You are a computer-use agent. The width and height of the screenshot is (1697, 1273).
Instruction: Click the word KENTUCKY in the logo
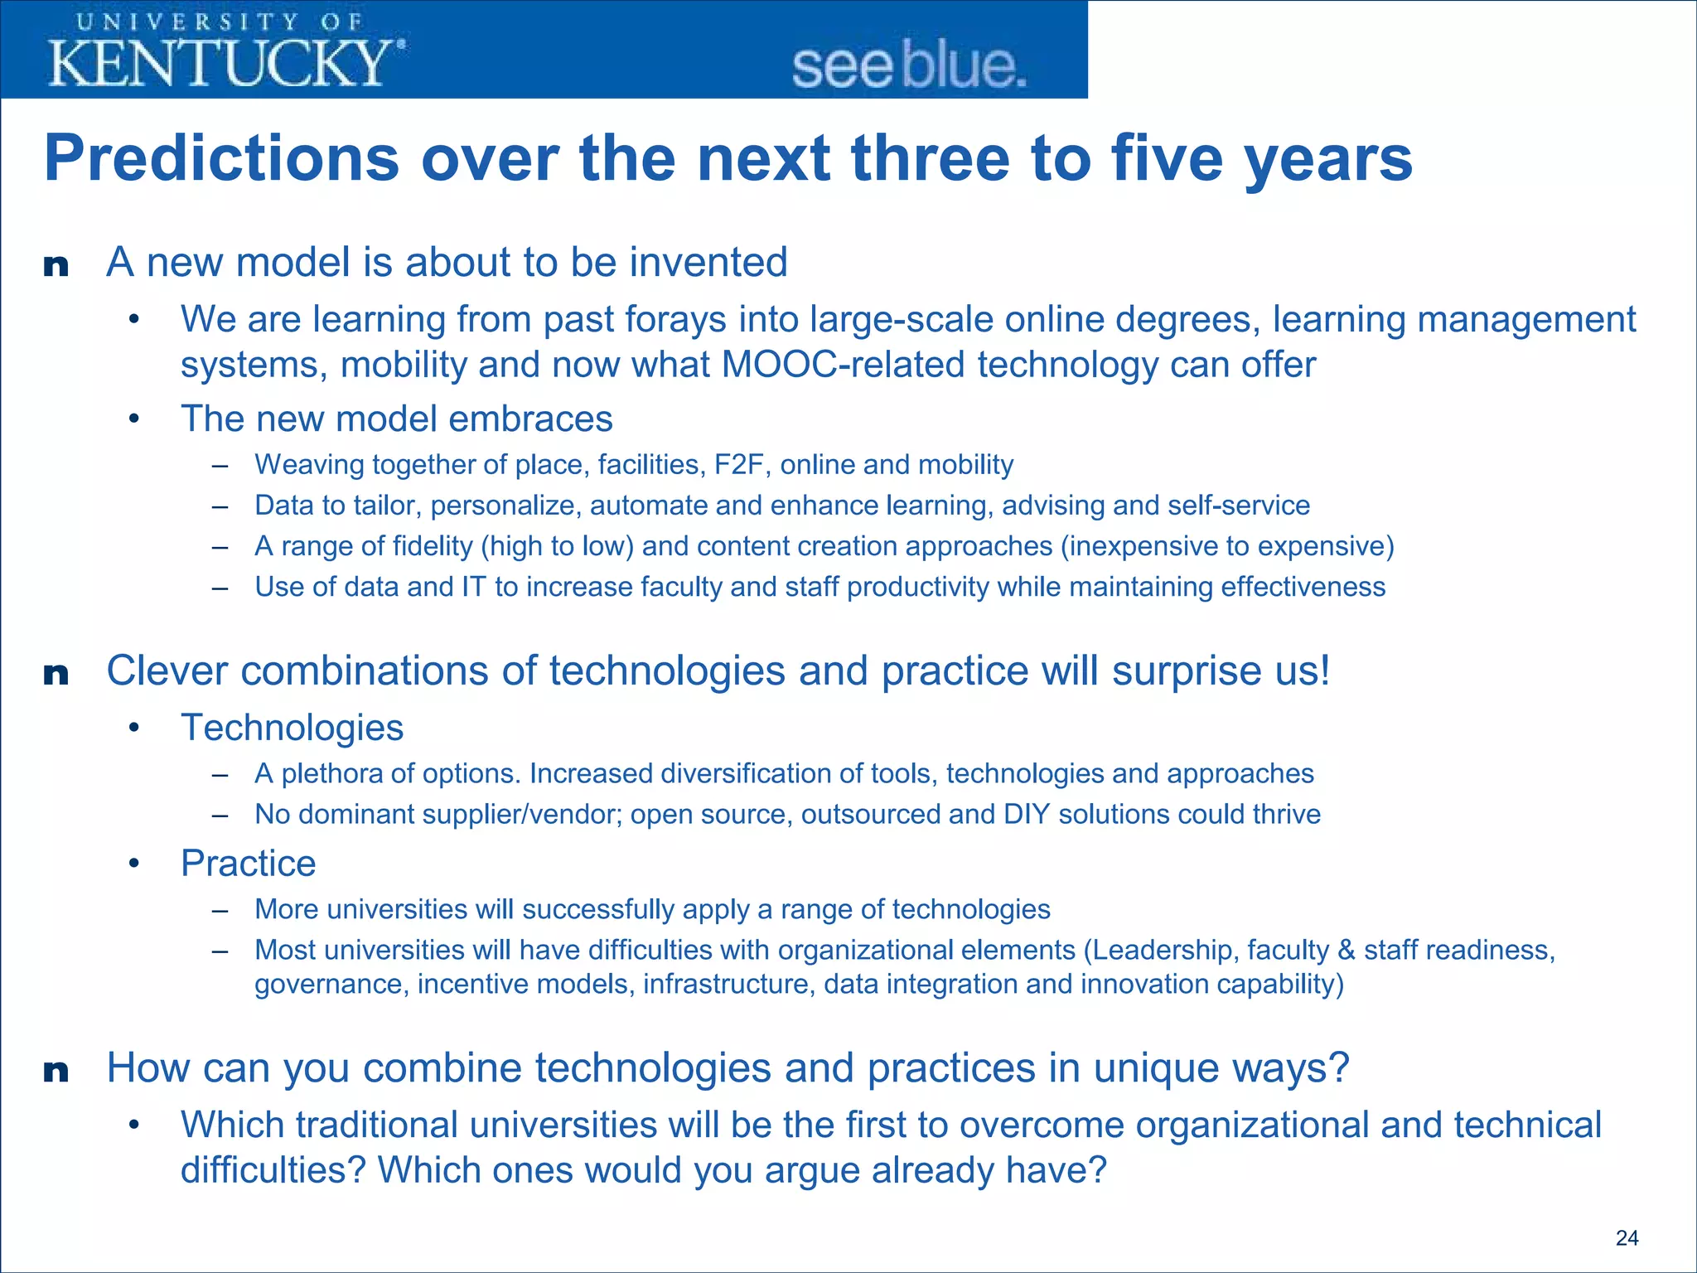[x=220, y=63]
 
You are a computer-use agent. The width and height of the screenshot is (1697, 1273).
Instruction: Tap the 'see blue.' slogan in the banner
[x=909, y=66]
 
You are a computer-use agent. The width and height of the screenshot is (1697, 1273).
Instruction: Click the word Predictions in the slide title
[x=221, y=158]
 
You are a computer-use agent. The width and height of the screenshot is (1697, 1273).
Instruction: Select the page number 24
[x=1627, y=1237]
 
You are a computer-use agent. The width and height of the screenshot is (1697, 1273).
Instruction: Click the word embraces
[x=530, y=419]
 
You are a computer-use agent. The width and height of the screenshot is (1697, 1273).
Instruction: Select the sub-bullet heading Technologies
[x=292, y=728]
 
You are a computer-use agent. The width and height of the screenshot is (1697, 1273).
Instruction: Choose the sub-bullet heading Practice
[x=248, y=864]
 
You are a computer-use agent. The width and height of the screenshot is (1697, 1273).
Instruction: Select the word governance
[x=330, y=985]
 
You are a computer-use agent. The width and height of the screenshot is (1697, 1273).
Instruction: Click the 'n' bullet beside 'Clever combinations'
[x=56, y=674]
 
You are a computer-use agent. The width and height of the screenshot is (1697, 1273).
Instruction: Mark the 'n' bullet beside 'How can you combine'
[x=56, y=1071]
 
